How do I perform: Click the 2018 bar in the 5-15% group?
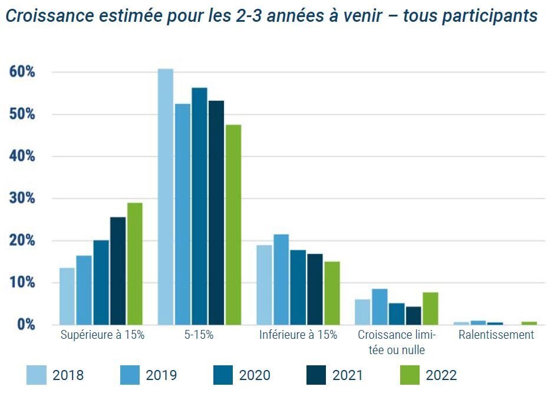pos(166,197)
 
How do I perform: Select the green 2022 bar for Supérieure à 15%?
pos(134,263)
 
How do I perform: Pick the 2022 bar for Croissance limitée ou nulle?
pos(430,308)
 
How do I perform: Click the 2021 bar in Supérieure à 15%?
pos(118,270)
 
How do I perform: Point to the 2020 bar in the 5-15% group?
pos(199,206)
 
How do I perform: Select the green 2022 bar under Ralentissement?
pos(529,323)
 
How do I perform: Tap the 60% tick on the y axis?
pos(22,72)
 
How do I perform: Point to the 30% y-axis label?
pos(22,199)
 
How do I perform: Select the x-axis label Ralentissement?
pos(496,335)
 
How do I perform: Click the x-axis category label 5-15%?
pos(199,335)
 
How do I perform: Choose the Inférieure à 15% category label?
pos(298,335)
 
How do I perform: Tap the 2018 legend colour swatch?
pos(36,375)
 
